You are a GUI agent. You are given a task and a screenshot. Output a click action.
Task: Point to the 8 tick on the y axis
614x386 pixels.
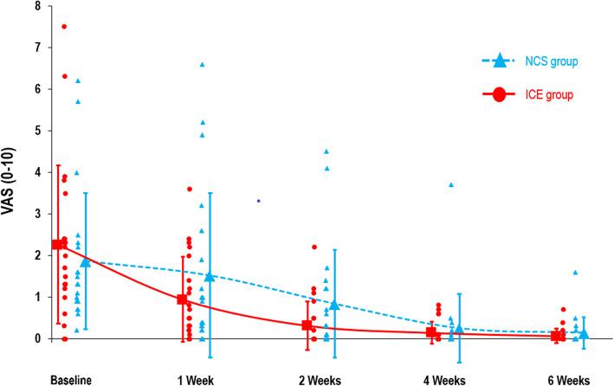(x=38, y=6)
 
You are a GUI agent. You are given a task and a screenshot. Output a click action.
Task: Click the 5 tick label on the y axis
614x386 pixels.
(x=38, y=131)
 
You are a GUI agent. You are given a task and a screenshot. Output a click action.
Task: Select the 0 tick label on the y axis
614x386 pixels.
(x=38, y=338)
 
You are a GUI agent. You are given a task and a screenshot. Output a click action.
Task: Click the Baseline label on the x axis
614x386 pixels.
(x=71, y=378)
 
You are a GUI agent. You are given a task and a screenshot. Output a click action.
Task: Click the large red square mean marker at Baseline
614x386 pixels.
(x=57, y=244)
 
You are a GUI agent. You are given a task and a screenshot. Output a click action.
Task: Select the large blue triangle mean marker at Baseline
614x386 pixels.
(x=85, y=261)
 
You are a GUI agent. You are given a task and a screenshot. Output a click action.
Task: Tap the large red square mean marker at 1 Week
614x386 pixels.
(x=182, y=299)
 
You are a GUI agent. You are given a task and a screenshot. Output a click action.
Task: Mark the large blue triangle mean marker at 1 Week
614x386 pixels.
(x=210, y=276)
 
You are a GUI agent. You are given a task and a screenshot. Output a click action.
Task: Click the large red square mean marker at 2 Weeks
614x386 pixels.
(x=307, y=325)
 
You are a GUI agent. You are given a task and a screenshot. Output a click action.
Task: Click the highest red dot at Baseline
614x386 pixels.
(x=64, y=26)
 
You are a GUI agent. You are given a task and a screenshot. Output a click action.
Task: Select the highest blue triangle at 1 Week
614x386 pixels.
(x=203, y=65)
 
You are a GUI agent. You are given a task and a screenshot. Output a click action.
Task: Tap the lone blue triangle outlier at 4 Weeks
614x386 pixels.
(x=451, y=185)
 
